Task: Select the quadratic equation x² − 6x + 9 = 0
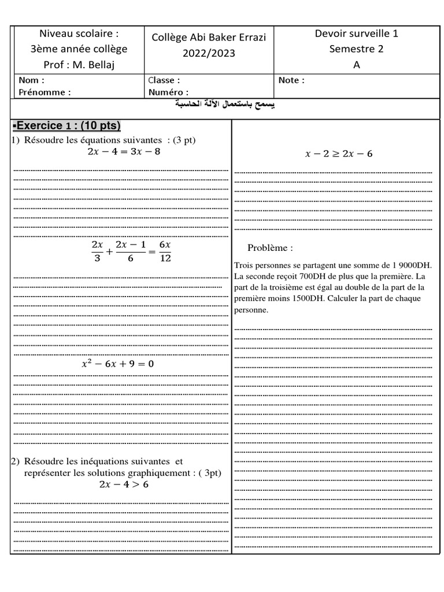click(118, 364)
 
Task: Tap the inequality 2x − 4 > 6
click(123, 484)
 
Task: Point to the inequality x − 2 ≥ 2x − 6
click(339, 154)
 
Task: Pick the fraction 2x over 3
click(97, 251)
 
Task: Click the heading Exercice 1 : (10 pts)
click(66, 126)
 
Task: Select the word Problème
click(270, 248)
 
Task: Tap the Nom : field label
click(31, 80)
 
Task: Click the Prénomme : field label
click(45, 92)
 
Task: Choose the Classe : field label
click(164, 80)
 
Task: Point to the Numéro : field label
click(168, 92)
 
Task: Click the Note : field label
click(291, 80)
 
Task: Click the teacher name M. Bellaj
click(91, 65)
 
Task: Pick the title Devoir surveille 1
click(356, 34)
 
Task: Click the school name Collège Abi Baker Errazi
click(201, 38)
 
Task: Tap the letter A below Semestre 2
click(356, 65)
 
